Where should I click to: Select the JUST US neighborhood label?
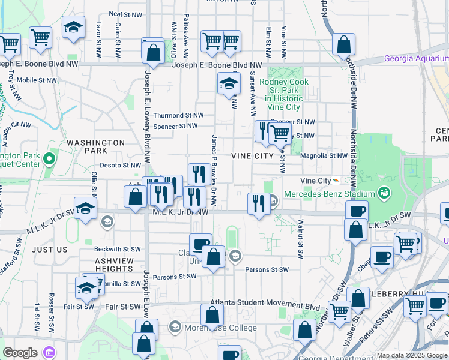pyautogui.click(x=51, y=249)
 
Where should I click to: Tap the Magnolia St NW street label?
pyautogui.click(x=324, y=155)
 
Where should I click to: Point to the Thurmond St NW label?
pyautogui.click(x=178, y=115)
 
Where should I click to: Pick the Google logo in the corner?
pyautogui.click(x=20, y=353)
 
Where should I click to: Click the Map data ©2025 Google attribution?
pyautogui.click(x=412, y=355)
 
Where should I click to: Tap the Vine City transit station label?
pyautogui.click(x=316, y=181)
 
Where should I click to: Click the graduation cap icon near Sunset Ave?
pyautogui.click(x=229, y=84)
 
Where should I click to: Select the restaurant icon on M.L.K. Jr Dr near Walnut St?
pyautogui.click(x=258, y=203)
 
